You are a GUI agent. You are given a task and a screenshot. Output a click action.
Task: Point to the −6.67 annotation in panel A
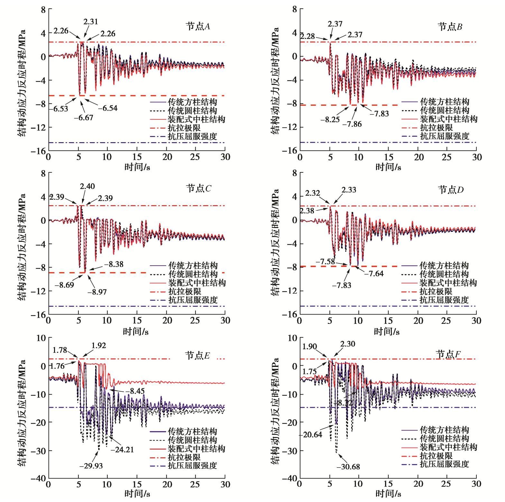click(x=84, y=118)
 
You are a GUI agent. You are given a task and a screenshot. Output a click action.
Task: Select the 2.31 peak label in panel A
click(x=90, y=22)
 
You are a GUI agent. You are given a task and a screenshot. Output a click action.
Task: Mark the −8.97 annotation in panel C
click(x=97, y=292)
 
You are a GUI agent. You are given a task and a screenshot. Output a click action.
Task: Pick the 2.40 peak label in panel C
click(x=87, y=187)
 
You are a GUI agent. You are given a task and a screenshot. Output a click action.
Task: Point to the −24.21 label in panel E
click(x=122, y=449)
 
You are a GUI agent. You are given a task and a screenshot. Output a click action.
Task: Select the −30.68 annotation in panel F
click(x=348, y=467)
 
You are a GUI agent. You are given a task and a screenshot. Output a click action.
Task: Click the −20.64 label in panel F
click(x=311, y=435)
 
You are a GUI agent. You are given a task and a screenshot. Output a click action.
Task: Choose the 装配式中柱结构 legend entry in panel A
click(x=196, y=119)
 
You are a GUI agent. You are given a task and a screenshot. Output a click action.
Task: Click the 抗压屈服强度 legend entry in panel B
click(x=445, y=136)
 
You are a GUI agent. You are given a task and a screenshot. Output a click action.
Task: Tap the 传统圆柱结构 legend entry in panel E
click(x=192, y=440)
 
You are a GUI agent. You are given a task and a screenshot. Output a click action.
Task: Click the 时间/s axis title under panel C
click(x=135, y=331)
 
